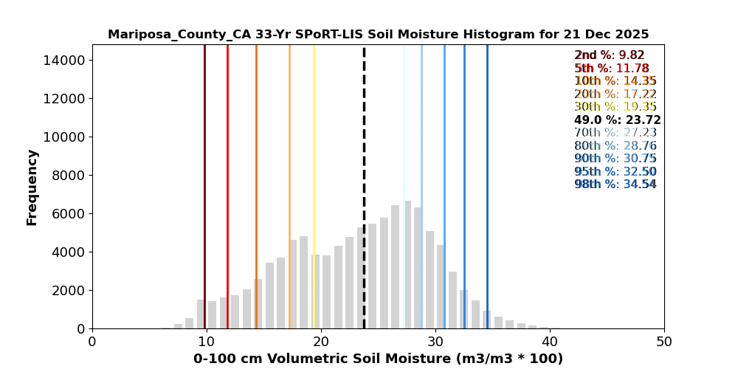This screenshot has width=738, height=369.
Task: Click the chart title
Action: pos(378,35)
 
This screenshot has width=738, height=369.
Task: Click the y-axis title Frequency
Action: pos(32,187)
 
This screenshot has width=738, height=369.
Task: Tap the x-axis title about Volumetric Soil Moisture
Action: pos(378,359)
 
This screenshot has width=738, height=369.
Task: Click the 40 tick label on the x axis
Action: pos(550,342)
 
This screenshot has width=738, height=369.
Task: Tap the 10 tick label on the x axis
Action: pos(207,342)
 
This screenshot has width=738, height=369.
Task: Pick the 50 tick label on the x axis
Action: pos(664,342)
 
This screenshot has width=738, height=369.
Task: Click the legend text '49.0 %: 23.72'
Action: pos(617,120)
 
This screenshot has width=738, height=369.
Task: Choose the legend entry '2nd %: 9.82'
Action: pos(610,55)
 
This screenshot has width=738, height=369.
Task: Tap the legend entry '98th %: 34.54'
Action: pos(615,184)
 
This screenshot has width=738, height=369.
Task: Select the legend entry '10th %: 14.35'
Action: pos(615,81)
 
